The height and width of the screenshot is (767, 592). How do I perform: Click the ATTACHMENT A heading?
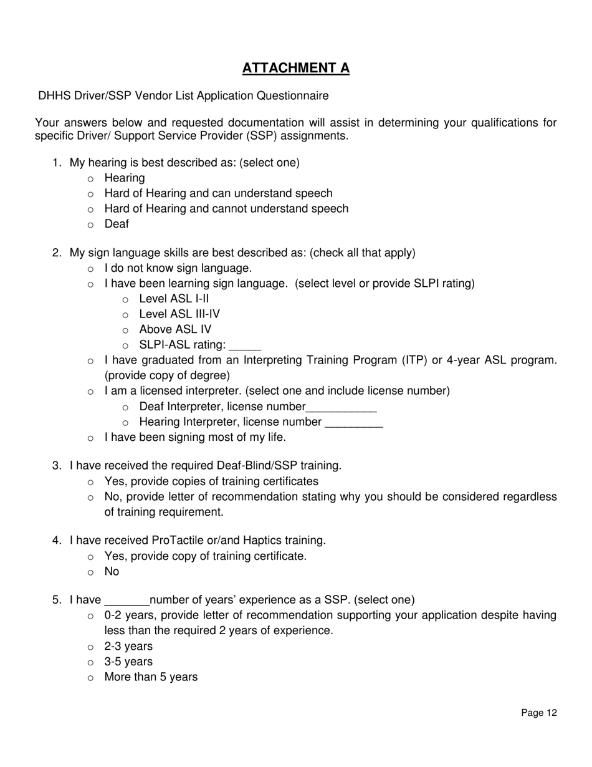[x=295, y=68]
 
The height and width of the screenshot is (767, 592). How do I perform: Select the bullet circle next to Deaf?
[x=91, y=224]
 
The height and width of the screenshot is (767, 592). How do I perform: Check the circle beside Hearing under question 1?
[x=91, y=179]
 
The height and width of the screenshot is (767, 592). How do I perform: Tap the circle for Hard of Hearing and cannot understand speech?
[x=91, y=210]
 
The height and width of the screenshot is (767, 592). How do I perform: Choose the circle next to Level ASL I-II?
[x=126, y=300]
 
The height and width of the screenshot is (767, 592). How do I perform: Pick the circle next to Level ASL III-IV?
[x=126, y=315]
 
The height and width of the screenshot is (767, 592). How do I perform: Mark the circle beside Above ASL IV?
[x=126, y=330]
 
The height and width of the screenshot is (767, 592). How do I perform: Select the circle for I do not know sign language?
[x=91, y=269]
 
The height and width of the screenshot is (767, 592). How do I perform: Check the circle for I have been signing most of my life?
[x=91, y=438]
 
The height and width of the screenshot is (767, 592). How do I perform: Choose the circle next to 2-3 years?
[x=91, y=647]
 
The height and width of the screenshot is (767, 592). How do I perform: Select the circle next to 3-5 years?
[x=91, y=663]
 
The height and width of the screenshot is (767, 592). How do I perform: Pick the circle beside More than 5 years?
[x=91, y=678]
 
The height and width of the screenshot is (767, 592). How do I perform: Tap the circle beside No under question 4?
[x=91, y=572]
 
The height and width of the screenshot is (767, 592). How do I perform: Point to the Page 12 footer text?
[x=539, y=713]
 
